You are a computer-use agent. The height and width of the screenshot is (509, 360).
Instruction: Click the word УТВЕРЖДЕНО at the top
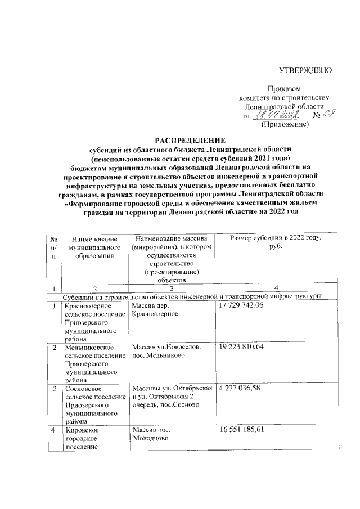click(x=306, y=70)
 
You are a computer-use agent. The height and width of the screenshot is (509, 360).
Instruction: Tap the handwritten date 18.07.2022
click(x=276, y=115)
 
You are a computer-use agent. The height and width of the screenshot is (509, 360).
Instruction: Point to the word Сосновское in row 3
click(x=83, y=389)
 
